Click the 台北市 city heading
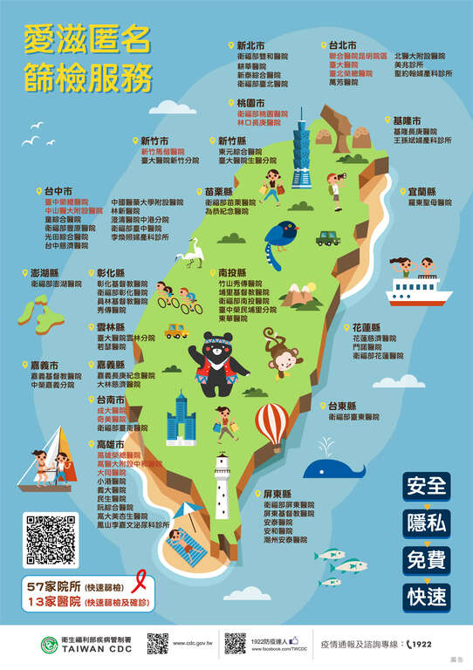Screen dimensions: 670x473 [x=342, y=44]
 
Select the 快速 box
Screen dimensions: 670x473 [x=426, y=597]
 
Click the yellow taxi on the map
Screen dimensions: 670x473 [x=176, y=331]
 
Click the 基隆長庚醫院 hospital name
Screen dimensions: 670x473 [x=417, y=130]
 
